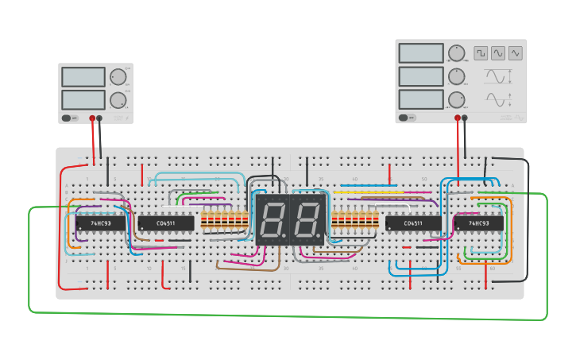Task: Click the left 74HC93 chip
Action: tap(100, 223)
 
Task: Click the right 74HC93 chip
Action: tap(478, 223)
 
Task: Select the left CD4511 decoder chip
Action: tap(166, 223)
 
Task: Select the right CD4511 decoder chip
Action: tap(413, 223)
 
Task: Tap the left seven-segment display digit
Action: tap(272, 219)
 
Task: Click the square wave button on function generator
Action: tap(481, 53)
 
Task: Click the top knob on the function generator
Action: tap(456, 53)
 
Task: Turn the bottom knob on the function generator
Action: tap(456, 99)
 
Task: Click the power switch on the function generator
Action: tap(406, 118)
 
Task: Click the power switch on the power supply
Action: tap(70, 118)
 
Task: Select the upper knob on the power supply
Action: tap(118, 77)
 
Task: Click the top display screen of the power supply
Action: tap(83, 77)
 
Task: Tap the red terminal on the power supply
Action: tap(92, 118)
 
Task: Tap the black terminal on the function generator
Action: tap(465, 118)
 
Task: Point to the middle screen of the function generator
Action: tap(421, 76)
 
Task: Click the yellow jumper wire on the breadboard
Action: tap(358, 192)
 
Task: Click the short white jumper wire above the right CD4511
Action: tap(397, 205)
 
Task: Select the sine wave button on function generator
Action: tap(498, 53)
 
